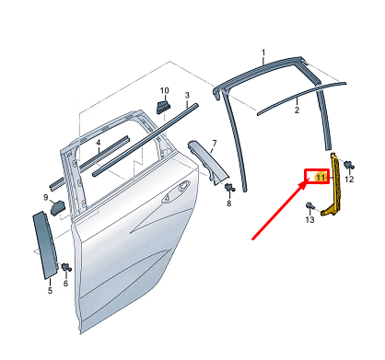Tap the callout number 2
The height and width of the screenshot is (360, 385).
[297, 110]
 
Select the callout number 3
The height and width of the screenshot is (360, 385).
[186, 95]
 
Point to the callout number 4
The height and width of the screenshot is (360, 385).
[99, 144]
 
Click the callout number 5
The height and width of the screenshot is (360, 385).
[50, 289]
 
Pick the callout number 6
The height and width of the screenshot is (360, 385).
[65, 285]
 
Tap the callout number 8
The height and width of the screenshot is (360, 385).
[228, 203]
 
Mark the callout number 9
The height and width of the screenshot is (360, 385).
[45, 197]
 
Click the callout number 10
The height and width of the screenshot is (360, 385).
[165, 90]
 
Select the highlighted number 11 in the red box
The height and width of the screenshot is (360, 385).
[321, 176]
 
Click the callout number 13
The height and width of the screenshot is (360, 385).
[310, 219]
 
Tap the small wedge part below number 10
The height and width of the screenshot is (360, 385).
[162, 107]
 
